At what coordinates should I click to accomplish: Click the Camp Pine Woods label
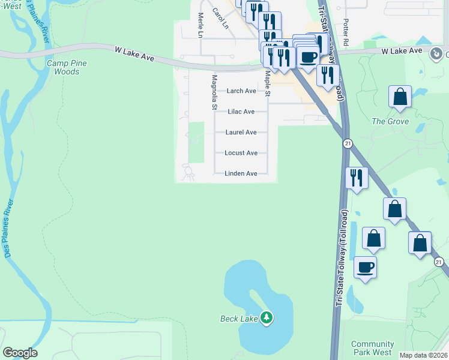point(67,67)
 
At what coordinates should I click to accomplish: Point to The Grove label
point(390,121)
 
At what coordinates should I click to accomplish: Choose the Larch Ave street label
point(241,91)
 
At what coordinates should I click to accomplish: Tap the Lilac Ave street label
point(241,112)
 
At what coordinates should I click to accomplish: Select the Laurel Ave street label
point(241,132)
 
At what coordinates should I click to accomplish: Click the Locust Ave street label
point(241,153)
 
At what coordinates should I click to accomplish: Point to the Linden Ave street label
point(241,173)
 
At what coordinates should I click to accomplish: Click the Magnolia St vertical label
point(214,92)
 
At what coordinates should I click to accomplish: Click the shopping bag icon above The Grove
point(400,97)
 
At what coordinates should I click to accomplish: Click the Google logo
point(20,353)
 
